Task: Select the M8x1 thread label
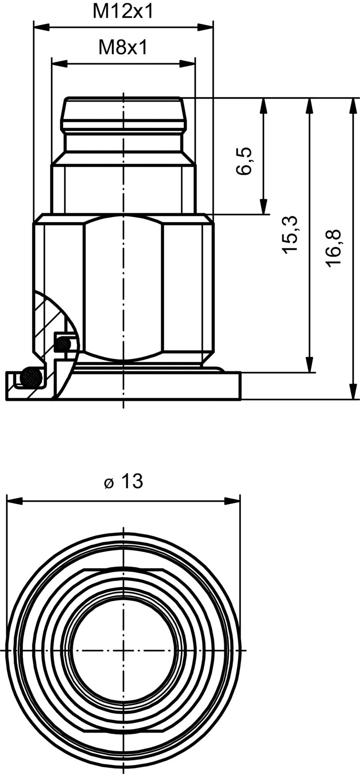click(x=123, y=47)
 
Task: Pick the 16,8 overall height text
click(x=334, y=249)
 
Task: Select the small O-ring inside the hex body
click(x=63, y=344)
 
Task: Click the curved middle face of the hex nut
click(x=123, y=288)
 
